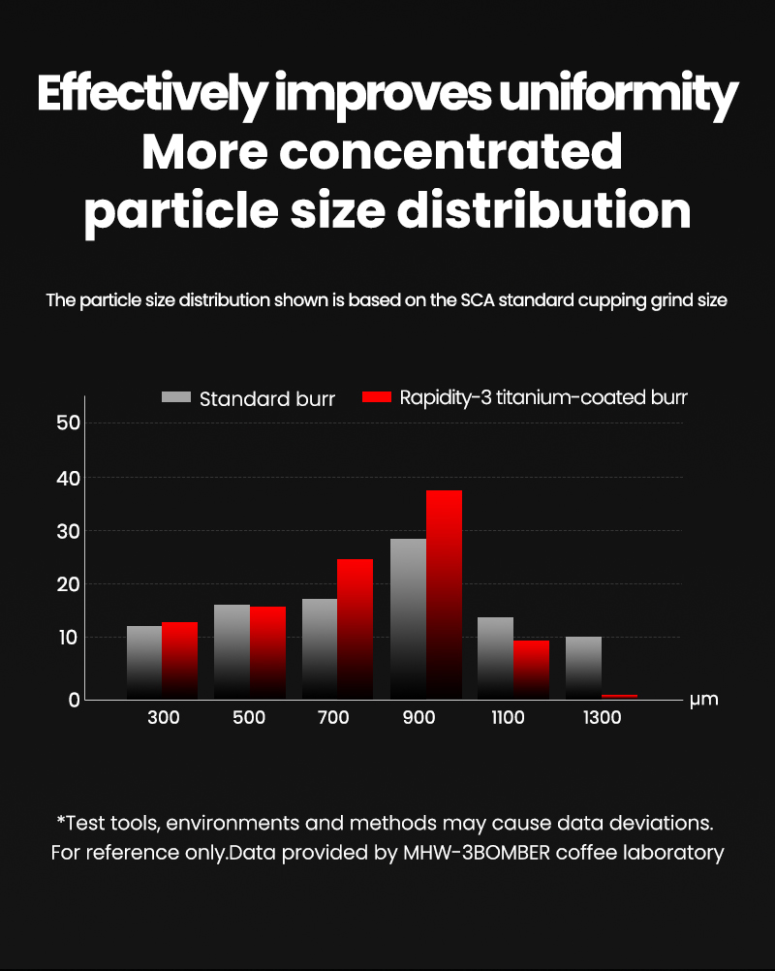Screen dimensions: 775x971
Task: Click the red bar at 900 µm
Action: coord(444,594)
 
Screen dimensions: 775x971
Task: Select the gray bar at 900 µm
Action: coord(409,618)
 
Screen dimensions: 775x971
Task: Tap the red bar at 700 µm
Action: coord(356,629)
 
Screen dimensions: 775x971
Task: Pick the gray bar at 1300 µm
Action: coord(584,668)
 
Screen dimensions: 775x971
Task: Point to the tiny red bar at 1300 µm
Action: coord(620,697)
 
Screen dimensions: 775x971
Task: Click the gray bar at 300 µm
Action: coord(144,663)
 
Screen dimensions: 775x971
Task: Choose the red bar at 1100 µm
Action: coord(531,670)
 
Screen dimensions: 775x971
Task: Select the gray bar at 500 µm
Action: coord(232,651)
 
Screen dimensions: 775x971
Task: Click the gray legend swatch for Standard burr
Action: coord(176,397)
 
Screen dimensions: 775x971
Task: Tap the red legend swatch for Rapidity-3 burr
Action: coord(377,397)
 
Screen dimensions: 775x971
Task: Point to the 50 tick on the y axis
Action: coord(68,423)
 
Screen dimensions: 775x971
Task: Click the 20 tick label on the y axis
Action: coord(68,584)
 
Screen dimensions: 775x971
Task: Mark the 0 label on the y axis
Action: coord(75,700)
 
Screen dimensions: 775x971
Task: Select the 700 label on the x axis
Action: coord(333,718)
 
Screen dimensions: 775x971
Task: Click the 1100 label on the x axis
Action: coord(508,718)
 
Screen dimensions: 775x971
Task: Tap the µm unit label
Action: coord(704,700)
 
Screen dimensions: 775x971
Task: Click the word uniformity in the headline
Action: coord(618,95)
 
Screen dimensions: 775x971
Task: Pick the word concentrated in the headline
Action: coord(451,151)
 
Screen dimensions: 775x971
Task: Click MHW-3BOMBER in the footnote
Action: coord(477,853)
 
